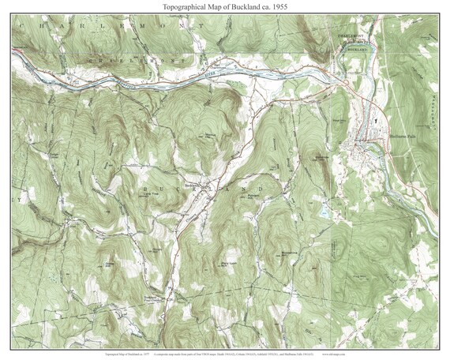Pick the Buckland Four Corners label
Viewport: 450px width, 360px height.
(158, 298)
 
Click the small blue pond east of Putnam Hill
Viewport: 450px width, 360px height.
(324, 212)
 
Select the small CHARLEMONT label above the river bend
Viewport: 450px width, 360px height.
(358, 36)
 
